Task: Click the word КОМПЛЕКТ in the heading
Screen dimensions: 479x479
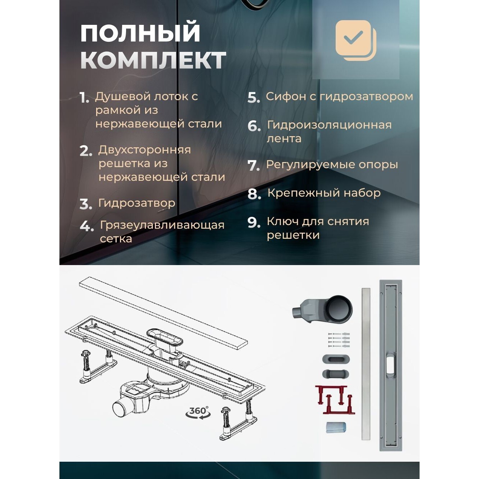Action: point(153,60)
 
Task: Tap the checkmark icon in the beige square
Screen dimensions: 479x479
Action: point(353,37)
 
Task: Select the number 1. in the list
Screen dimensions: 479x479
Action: point(84,98)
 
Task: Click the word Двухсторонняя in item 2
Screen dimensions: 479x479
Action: point(144,149)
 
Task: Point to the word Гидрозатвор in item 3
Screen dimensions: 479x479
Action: point(136,203)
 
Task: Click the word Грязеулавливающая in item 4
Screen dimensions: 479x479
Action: point(162,225)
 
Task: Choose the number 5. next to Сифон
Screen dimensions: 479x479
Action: point(254,98)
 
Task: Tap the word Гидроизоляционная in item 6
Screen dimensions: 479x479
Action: point(329,125)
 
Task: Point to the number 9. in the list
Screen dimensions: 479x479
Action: point(254,222)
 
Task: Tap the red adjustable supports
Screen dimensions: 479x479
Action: point(335,399)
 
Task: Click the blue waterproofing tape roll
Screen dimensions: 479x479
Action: point(336,427)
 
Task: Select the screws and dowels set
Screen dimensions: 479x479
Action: point(339,340)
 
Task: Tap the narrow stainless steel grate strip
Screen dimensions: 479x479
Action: point(366,364)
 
